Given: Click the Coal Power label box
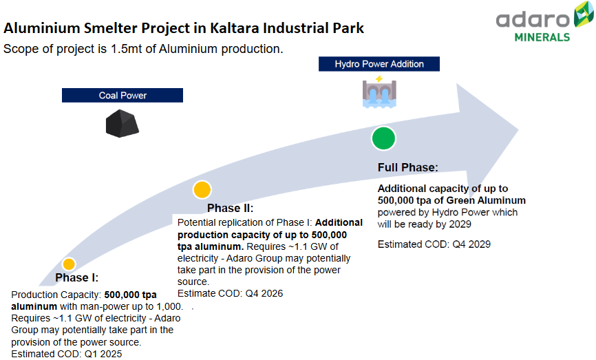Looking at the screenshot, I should [123, 96].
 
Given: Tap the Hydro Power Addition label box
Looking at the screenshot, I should [379, 64].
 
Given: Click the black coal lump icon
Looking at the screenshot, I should [123, 123].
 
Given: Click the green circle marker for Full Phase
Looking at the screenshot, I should [383, 138].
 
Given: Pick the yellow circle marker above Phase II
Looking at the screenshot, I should [202, 190].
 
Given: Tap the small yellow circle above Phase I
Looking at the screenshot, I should [69, 264].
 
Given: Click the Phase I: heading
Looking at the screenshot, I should [77, 279].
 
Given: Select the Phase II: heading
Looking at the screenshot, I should [231, 209].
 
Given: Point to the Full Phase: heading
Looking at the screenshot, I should [407, 168].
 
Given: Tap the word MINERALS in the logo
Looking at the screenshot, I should [542, 36].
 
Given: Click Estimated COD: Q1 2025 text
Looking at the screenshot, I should [67, 354].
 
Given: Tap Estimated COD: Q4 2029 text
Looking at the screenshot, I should [434, 244].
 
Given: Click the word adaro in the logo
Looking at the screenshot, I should [533, 18].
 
